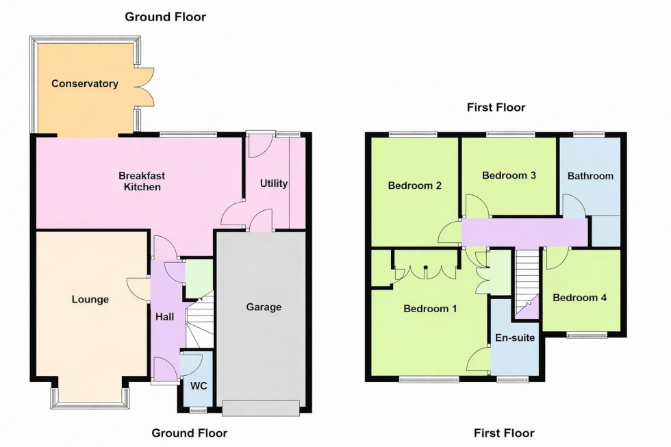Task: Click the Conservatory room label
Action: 85,84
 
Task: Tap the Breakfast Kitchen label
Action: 142,181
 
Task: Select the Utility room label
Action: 273,183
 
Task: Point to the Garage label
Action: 264,307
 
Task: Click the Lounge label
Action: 90,299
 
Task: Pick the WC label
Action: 199,385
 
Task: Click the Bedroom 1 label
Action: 430,309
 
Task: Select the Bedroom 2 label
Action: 414,185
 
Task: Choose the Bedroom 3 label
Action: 509,175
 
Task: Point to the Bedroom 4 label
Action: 580,298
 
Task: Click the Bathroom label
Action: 590,176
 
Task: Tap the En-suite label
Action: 516,337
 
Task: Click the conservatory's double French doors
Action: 146,87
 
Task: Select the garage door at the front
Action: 261,408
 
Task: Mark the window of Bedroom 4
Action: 587,334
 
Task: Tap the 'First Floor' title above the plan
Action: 496,107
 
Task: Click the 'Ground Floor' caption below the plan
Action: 189,433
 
